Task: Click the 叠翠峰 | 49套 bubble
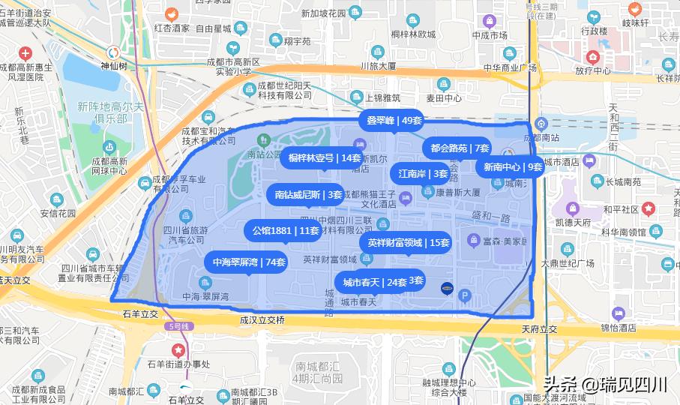pyautogui.click(x=394, y=120)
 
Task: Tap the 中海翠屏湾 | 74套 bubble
pyautogui.click(x=245, y=262)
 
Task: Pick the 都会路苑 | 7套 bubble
pyautogui.click(x=460, y=148)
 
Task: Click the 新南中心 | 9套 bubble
pyautogui.click(x=513, y=167)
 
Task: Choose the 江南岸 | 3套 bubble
pyautogui.click(x=423, y=174)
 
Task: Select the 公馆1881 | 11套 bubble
pyautogui.click(x=286, y=230)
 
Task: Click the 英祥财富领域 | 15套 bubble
pyautogui.click(x=408, y=243)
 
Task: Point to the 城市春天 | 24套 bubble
pyautogui.click(x=375, y=283)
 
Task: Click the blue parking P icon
pyautogui.click(x=465, y=295)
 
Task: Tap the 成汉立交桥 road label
pyautogui.click(x=262, y=320)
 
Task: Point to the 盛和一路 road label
pyautogui.click(x=491, y=216)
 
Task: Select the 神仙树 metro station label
pyautogui.click(x=114, y=66)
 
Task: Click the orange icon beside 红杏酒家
pyautogui.click(x=171, y=13)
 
